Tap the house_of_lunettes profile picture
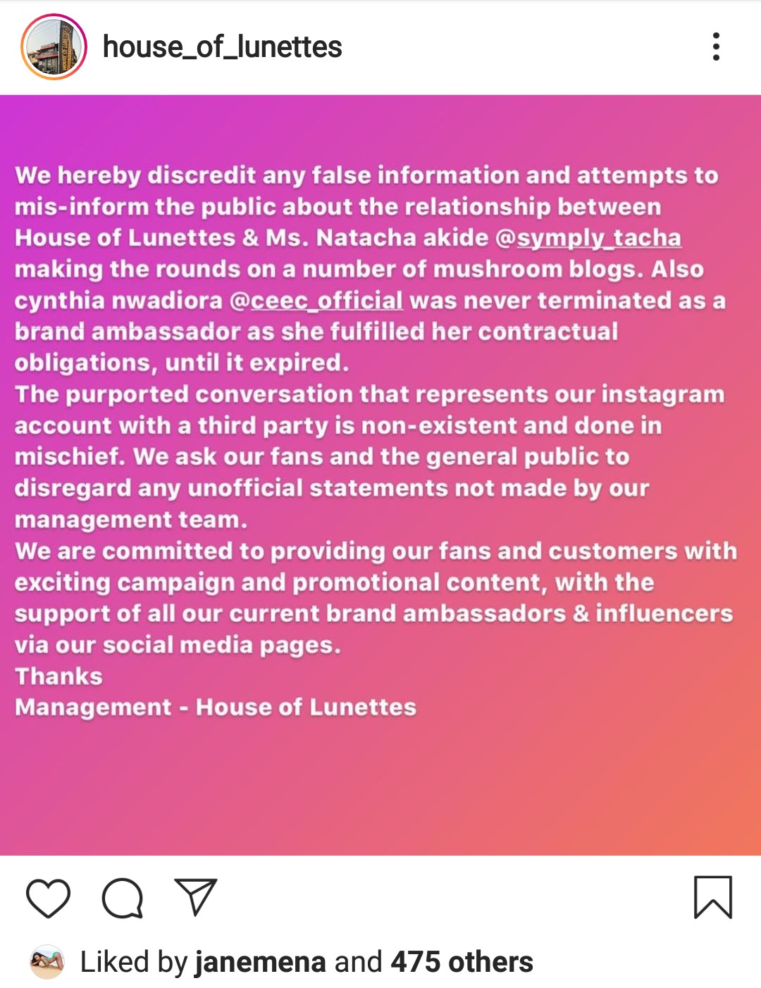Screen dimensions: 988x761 pyautogui.click(x=54, y=46)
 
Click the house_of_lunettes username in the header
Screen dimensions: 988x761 pyautogui.click(x=222, y=47)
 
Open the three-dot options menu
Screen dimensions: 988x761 pyautogui.click(x=716, y=46)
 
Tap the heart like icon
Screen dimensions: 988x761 pyautogui.click(x=48, y=898)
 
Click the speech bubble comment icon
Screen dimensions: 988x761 pyautogui.click(x=123, y=898)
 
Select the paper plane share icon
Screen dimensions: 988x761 pyautogui.click(x=195, y=897)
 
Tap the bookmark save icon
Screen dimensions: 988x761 pyautogui.click(x=713, y=897)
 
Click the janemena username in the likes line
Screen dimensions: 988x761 pyautogui.click(x=260, y=962)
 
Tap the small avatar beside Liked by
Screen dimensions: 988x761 pyautogui.click(x=47, y=962)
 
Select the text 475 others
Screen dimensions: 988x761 pyautogui.click(x=462, y=962)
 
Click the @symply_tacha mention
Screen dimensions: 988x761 pyautogui.click(x=588, y=238)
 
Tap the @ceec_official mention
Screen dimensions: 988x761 pyautogui.click(x=316, y=301)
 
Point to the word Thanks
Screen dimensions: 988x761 pyautogui.click(x=59, y=676)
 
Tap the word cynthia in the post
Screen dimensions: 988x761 pyautogui.click(x=59, y=301)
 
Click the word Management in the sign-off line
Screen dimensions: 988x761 pyautogui.click(x=93, y=707)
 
